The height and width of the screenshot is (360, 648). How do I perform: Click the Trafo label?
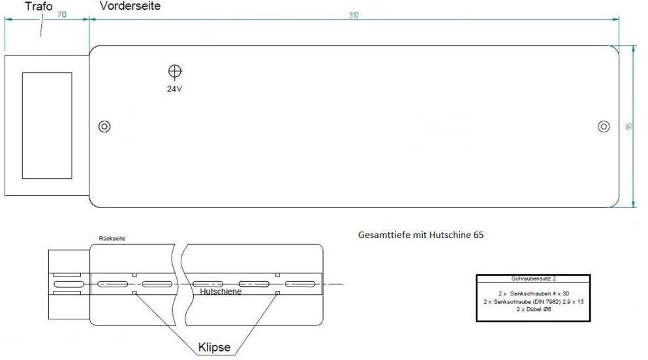[39, 6]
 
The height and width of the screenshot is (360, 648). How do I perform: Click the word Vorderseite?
[130, 6]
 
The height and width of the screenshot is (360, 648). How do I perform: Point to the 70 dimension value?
[61, 14]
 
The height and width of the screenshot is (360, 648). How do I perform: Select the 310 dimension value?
[354, 15]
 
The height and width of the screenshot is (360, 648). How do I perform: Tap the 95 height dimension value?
[629, 127]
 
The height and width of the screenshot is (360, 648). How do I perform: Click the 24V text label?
[174, 89]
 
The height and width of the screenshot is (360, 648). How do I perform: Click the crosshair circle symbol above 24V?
[175, 72]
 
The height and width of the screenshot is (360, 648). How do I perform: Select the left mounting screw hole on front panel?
[104, 127]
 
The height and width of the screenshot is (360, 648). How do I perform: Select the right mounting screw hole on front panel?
[604, 127]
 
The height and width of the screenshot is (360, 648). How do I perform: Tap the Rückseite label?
[112, 238]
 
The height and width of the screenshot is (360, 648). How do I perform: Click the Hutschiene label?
[221, 292]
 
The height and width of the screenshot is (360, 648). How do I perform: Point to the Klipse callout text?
[215, 347]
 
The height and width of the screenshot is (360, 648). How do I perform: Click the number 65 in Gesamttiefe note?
[478, 235]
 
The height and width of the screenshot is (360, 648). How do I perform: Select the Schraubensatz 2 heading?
[534, 278]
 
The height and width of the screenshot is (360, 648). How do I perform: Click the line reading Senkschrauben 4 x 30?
[534, 293]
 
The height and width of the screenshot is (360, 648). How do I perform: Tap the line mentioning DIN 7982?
[534, 302]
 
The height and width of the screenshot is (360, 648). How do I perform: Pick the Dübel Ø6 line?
[534, 309]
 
